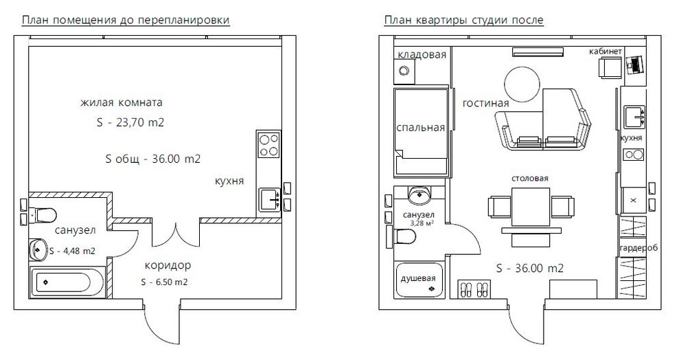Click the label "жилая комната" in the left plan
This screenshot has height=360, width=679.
pos(121,103)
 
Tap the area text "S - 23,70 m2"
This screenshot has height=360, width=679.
pos(128,124)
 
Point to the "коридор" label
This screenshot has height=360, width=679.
pos(168,265)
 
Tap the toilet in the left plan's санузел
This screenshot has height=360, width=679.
pos(43,215)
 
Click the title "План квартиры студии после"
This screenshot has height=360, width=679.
pos(464,20)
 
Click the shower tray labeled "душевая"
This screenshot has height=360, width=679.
pos(419,280)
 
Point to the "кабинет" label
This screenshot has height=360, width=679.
pos(606,52)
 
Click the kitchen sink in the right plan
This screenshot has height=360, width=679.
pos(633,117)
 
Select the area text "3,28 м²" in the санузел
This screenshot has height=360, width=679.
pos(422,223)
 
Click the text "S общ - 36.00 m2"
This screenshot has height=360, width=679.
pos(152,159)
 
